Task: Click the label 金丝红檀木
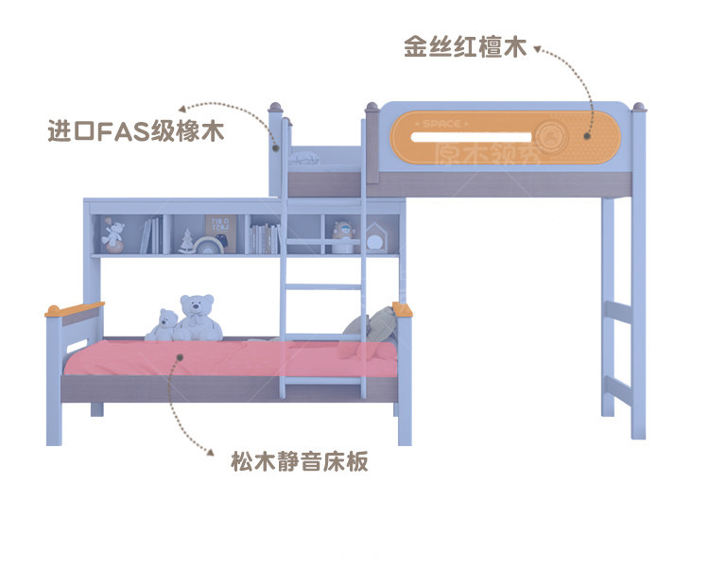pos(464,47)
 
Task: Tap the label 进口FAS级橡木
pos(135,130)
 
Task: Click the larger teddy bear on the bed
pos(199,318)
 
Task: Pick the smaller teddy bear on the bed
pos(164,324)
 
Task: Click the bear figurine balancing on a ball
pos(113,233)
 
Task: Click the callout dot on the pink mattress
pos(181,357)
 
